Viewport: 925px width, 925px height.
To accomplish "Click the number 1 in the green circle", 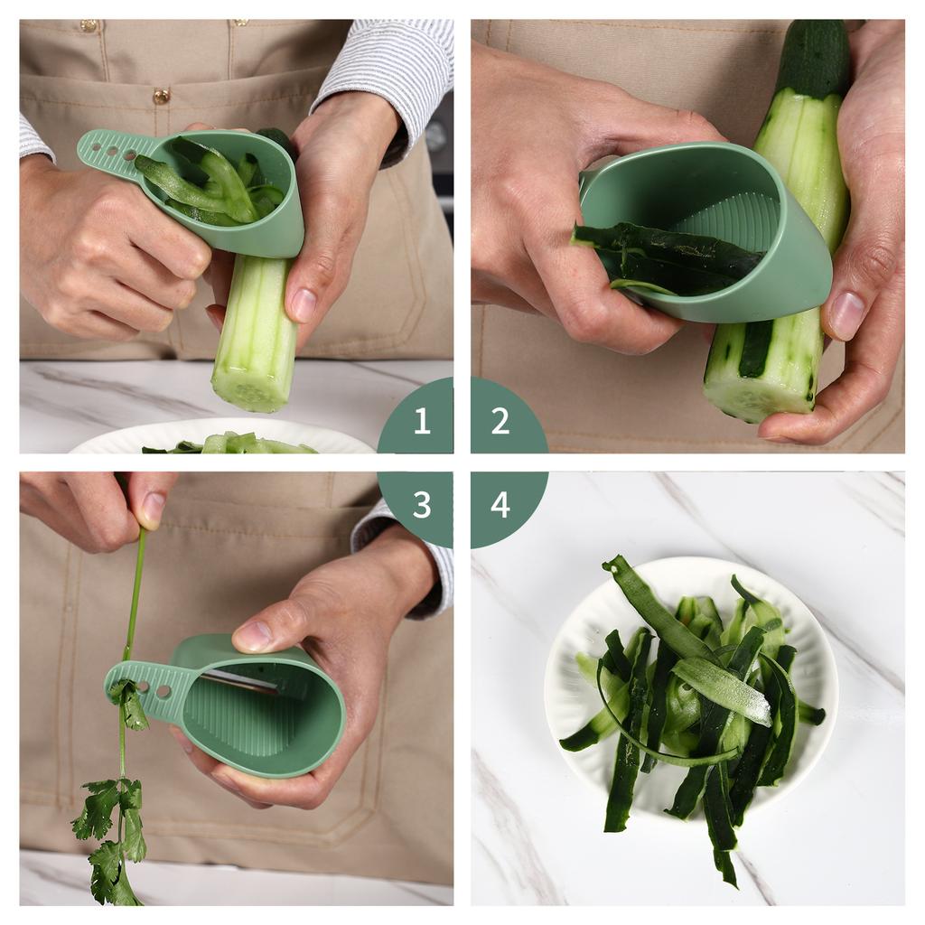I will [421, 421].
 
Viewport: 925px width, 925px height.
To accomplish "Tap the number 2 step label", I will [500, 421].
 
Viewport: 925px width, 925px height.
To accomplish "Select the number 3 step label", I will [421, 505].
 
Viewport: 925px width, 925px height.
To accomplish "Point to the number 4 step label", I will [500, 505].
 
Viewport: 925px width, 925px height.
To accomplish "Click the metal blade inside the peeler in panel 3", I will [238, 680].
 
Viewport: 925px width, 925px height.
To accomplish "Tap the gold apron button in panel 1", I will [161, 96].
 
